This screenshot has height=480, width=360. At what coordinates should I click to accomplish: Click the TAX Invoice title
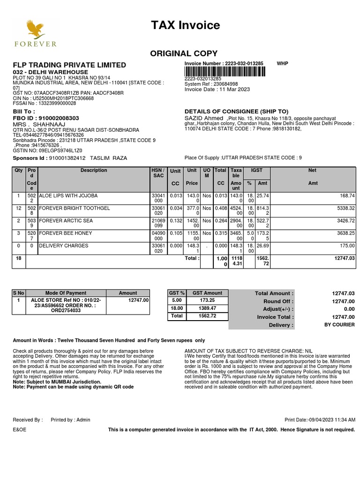tap(185, 25)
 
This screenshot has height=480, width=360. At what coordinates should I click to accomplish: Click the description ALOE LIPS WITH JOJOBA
tap(68, 195)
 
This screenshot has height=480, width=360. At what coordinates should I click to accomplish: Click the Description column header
tap(94, 171)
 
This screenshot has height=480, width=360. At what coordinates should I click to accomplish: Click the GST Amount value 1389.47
tap(207, 308)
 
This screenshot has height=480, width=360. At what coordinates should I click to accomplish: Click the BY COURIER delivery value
tap(339, 325)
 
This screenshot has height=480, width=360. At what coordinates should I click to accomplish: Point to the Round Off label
tap(278, 301)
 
